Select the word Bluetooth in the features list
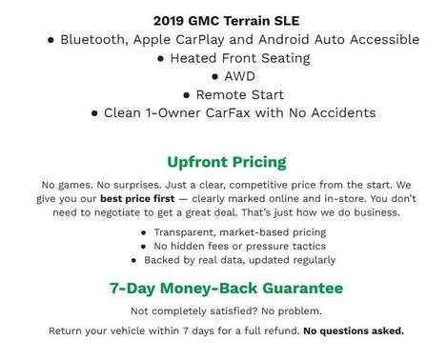[97, 39]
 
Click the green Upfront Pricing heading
[226, 162]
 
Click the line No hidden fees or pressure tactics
[230, 246]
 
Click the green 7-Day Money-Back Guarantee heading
[226, 288]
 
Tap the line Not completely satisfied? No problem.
[226, 311]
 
